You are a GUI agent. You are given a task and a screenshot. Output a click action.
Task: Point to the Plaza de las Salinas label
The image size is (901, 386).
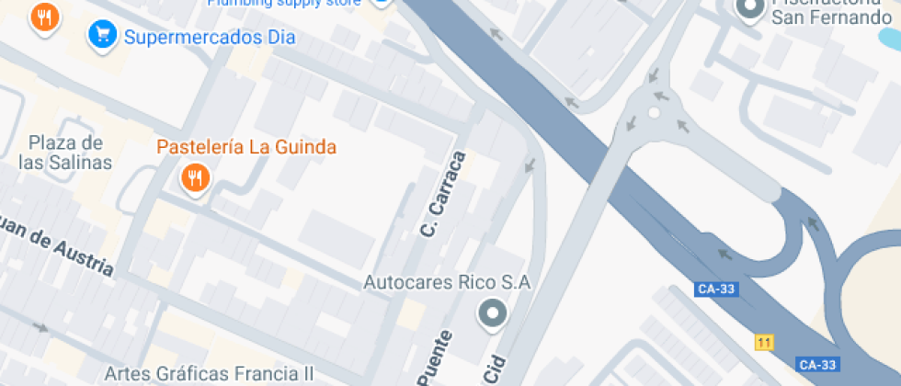[x=64, y=153]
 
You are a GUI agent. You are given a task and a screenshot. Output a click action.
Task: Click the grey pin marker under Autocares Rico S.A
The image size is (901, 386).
[x=493, y=314]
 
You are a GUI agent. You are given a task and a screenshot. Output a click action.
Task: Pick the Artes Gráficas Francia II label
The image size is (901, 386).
[x=209, y=374]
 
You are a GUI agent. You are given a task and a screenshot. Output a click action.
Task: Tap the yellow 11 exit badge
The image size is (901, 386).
[x=763, y=343]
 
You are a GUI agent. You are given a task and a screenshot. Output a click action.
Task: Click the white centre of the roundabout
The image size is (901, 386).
[x=654, y=113]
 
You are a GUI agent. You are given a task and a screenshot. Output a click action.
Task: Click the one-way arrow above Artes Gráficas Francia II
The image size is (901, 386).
[x=40, y=326]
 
